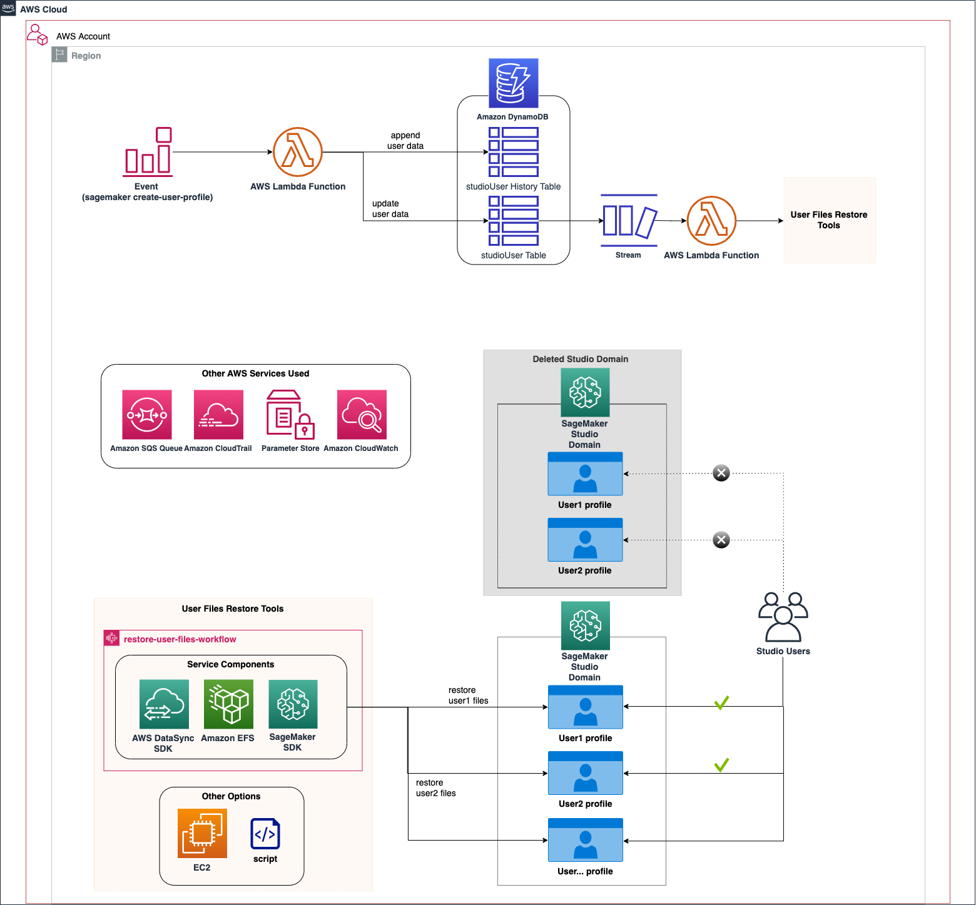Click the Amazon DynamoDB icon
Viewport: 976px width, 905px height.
pyautogui.click(x=513, y=83)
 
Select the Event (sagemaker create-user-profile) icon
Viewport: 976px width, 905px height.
pyautogui.click(x=148, y=152)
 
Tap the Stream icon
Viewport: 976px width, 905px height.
pyautogui.click(x=629, y=220)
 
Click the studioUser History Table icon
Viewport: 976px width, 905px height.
pyautogui.click(x=514, y=152)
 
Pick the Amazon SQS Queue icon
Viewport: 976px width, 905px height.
pyautogui.click(x=147, y=415)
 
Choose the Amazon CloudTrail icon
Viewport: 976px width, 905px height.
pyautogui.click(x=218, y=415)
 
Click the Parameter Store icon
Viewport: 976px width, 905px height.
pyautogui.click(x=290, y=415)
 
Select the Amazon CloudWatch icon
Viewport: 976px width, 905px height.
pyautogui.click(x=362, y=415)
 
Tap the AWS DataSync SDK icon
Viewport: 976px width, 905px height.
pyautogui.click(x=164, y=704)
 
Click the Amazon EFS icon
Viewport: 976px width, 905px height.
pyautogui.click(x=228, y=704)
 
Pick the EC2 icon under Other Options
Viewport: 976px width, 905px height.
pyautogui.click(x=202, y=834)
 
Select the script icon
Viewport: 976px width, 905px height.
pyautogui.click(x=265, y=834)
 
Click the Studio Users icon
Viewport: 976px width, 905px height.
pyautogui.click(x=783, y=617)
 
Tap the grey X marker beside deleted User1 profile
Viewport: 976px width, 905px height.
pyautogui.click(x=721, y=473)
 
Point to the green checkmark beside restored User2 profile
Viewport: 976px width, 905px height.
pyautogui.click(x=721, y=765)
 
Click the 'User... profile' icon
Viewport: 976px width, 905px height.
pyautogui.click(x=586, y=840)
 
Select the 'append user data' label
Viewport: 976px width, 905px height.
pyautogui.click(x=405, y=141)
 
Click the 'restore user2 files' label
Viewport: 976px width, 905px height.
pyautogui.click(x=436, y=788)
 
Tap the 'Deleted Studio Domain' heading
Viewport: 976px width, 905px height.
pyautogui.click(x=581, y=359)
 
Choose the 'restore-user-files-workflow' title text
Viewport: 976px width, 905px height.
pyautogui.click(x=180, y=639)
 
